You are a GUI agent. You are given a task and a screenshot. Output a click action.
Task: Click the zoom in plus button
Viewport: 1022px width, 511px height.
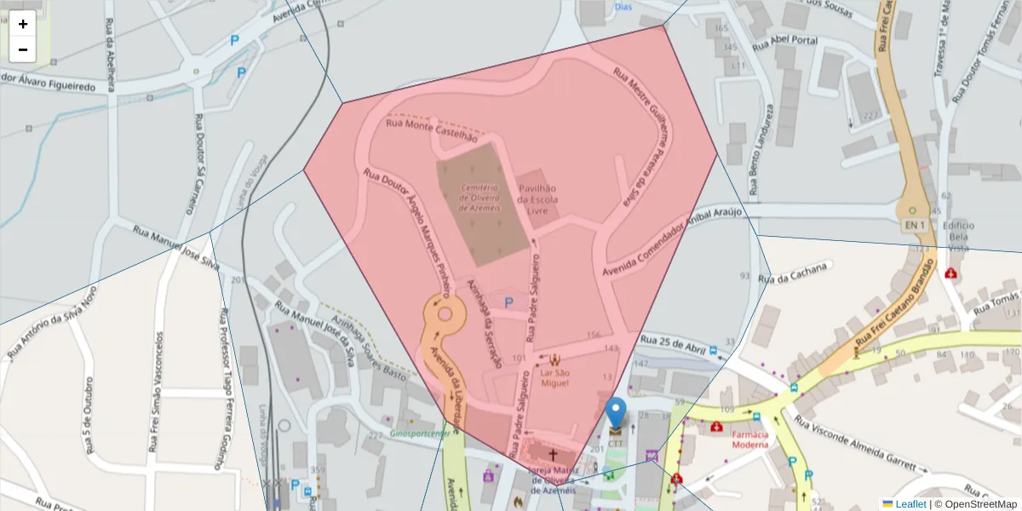pos(23,24)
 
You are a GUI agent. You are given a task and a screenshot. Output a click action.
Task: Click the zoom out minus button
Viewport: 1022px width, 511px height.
pos(23,49)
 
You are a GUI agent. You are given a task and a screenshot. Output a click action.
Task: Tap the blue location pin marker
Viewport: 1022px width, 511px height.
pos(615,412)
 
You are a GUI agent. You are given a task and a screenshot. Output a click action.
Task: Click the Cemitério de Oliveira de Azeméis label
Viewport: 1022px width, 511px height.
pos(479,197)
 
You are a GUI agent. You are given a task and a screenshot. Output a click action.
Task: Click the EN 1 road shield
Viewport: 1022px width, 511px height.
pos(913,224)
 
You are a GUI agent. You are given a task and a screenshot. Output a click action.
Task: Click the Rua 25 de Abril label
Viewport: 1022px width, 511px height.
pos(673,343)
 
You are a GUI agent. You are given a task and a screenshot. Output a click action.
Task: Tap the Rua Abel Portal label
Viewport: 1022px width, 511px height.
pos(784,41)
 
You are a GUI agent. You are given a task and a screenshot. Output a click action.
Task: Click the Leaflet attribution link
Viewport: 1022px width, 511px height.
pos(910,504)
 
